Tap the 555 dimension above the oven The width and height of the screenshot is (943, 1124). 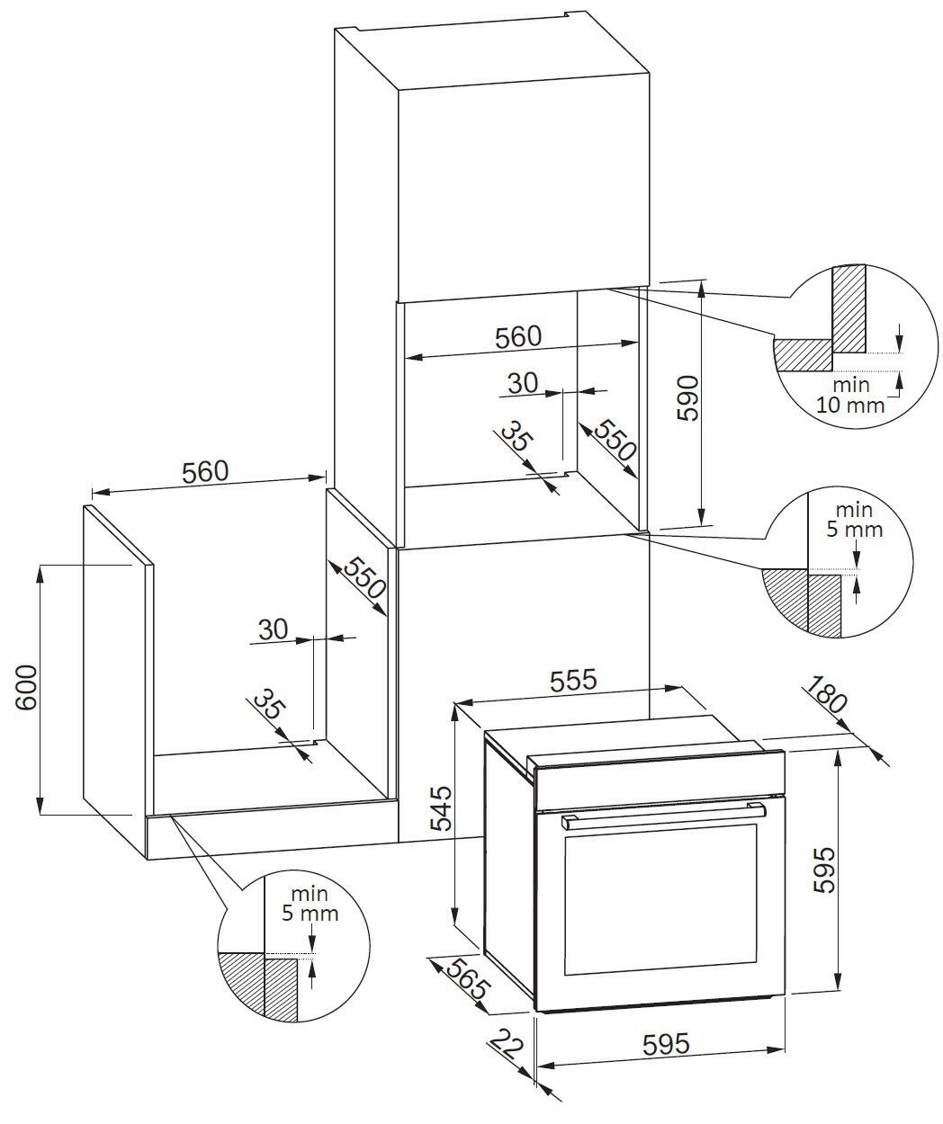[572, 681]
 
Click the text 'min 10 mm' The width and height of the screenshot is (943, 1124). [850, 395]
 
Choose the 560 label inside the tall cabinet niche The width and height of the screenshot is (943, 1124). [518, 336]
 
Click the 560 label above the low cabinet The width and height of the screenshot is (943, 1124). [206, 471]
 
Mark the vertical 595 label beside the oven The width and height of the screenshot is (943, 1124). [826, 870]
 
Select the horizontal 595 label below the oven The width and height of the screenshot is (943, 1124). [666, 1044]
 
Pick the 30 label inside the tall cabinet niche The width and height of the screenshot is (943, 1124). [522, 383]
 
